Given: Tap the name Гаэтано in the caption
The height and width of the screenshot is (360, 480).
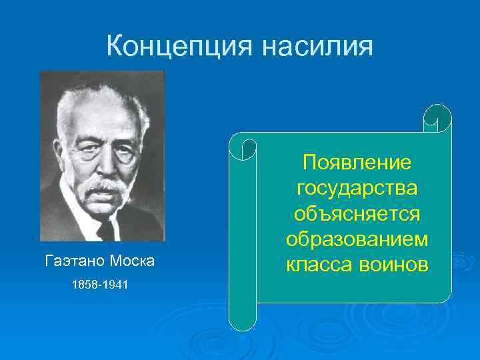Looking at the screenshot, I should (x=71, y=261).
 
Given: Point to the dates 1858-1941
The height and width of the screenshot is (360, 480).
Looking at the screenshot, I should (x=100, y=285).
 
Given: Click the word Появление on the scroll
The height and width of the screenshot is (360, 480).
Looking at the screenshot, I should (x=357, y=163).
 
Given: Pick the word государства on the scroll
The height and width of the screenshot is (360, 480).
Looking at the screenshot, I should (x=357, y=188).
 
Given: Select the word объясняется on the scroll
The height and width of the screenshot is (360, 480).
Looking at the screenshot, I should (x=357, y=213).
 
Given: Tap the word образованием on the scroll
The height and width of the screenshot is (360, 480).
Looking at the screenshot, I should (x=357, y=239).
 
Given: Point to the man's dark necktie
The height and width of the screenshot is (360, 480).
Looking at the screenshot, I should (x=107, y=230).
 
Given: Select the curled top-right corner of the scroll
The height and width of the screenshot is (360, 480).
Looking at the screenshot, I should (x=438, y=119).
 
